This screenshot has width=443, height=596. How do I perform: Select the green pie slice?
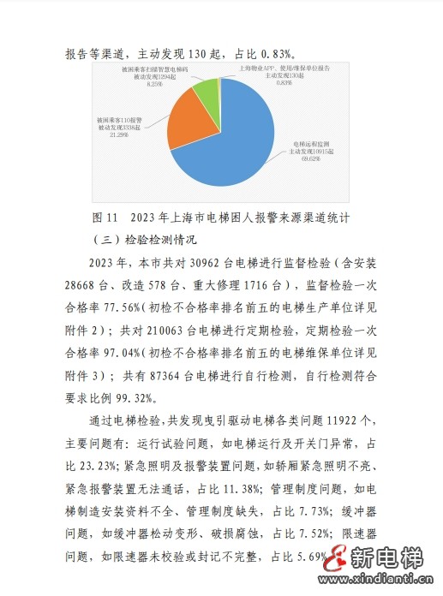click(207, 89)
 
